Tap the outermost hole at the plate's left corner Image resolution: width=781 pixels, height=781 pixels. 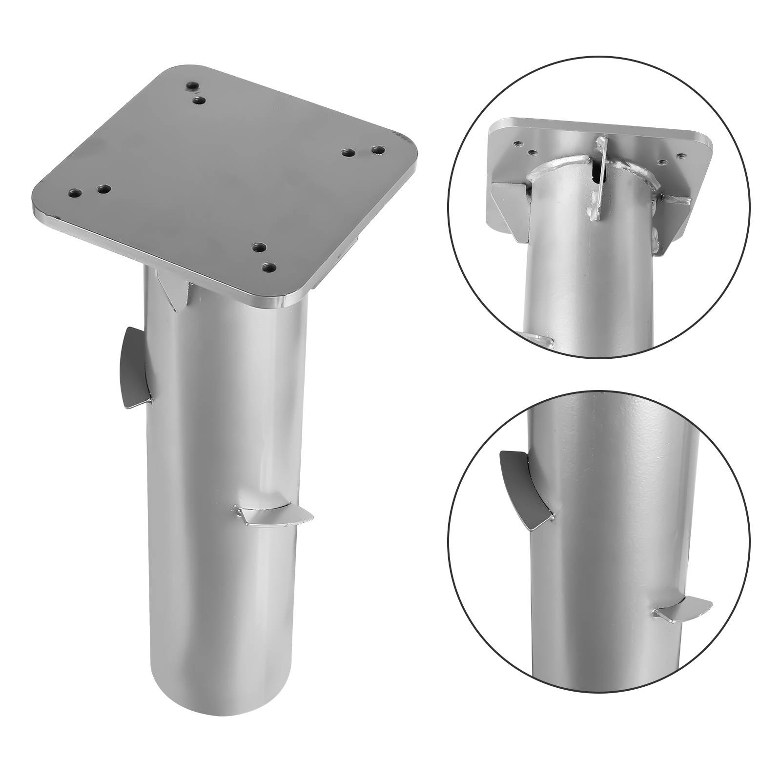pyautogui.click(x=75, y=193)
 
